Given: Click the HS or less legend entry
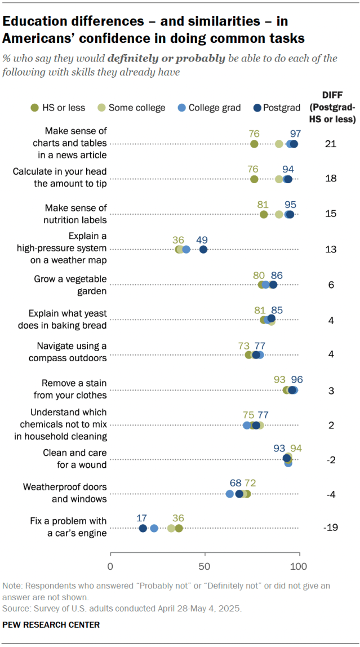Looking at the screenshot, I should (x=56, y=108).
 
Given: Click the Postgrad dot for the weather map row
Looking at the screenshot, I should (x=203, y=249).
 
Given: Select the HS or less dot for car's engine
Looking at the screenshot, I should (x=179, y=528).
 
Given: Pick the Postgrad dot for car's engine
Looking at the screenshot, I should (x=143, y=528).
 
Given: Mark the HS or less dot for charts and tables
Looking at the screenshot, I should (x=254, y=144).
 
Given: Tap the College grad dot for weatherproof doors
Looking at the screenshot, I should (x=230, y=494).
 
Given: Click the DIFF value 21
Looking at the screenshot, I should (x=331, y=144).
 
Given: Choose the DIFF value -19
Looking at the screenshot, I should (x=331, y=528).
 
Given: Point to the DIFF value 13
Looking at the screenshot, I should (x=331, y=249).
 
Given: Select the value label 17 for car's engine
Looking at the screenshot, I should (x=142, y=518).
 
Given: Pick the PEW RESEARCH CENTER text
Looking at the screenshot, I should (x=51, y=624).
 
